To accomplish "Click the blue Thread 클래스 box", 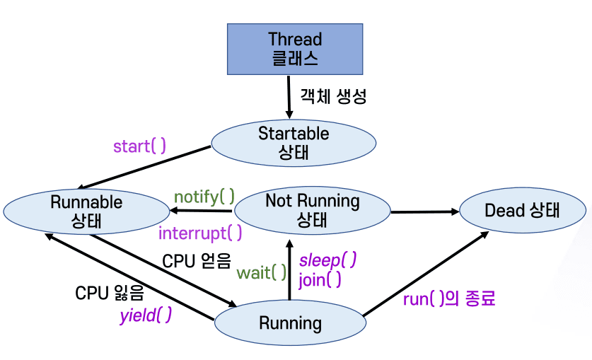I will pos(294,49).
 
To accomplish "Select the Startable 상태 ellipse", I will pos(293,142).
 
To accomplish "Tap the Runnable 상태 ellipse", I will pos(86,211).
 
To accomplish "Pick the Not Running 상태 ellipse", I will pos(312,209).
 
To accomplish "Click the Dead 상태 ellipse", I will pos(522,210).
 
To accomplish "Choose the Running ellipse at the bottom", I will pos(290,323).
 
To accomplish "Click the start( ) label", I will pos(139,146).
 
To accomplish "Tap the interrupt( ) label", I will pos(200,232).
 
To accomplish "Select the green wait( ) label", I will pos(262,272).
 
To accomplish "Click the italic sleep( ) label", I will pos(327,260).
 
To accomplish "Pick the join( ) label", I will pos(320,279).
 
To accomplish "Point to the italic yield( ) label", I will pos(145,315).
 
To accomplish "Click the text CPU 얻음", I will pos(197,261).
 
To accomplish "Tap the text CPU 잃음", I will pos(110,293).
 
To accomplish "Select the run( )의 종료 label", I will pos(448,298).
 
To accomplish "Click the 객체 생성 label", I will pos(333,97).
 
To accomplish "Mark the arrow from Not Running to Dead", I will pos(424,211).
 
